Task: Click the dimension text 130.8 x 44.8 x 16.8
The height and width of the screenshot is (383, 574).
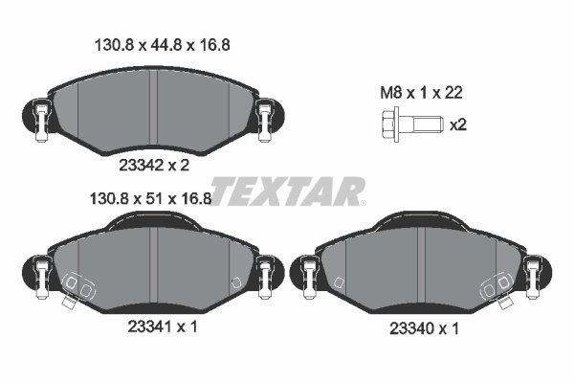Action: [163, 45]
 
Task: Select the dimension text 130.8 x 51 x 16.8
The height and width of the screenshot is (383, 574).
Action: [151, 199]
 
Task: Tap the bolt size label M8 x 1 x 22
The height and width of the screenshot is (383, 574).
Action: [421, 93]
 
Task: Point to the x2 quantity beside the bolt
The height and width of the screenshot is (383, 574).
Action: [458, 125]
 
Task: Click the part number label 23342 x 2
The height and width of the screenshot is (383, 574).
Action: [154, 166]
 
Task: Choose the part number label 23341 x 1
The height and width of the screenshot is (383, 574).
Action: [163, 327]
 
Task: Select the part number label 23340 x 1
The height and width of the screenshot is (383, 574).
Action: [424, 328]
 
